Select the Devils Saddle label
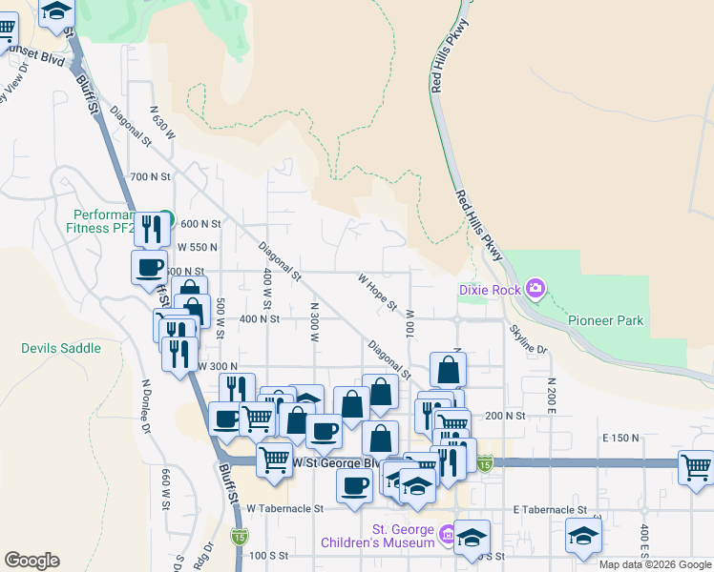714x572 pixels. click(61, 348)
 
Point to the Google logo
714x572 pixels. click(31, 561)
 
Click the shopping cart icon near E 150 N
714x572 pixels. click(696, 467)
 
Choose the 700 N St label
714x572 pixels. click(150, 176)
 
